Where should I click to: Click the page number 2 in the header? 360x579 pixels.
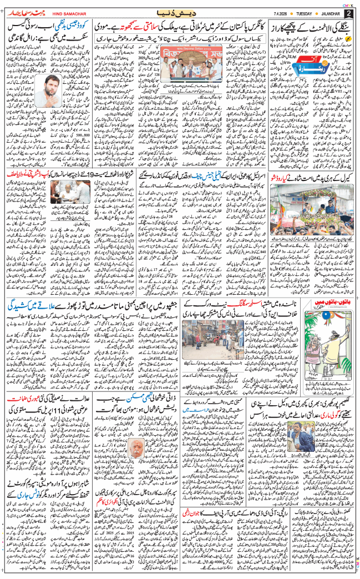(x=348, y=13)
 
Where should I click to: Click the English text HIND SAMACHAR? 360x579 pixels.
(x=59, y=13)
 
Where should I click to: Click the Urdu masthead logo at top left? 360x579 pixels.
(x=22, y=12)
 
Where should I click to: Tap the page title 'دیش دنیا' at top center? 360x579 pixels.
(x=180, y=12)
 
